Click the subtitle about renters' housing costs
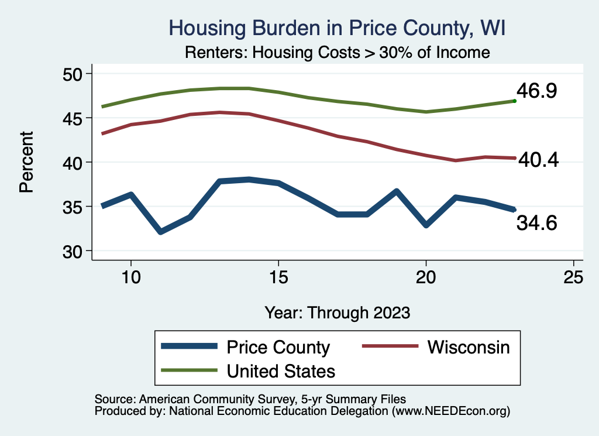point(337,52)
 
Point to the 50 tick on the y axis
point(73,74)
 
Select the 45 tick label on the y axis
point(73,118)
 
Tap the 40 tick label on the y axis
point(73,162)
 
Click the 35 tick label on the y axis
point(73,207)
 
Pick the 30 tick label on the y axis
point(73,251)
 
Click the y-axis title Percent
point(26,162)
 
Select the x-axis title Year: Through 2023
point(337,312)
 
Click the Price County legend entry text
point(278,347)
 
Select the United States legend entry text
point(281,371)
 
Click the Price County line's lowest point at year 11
point(160,232)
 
